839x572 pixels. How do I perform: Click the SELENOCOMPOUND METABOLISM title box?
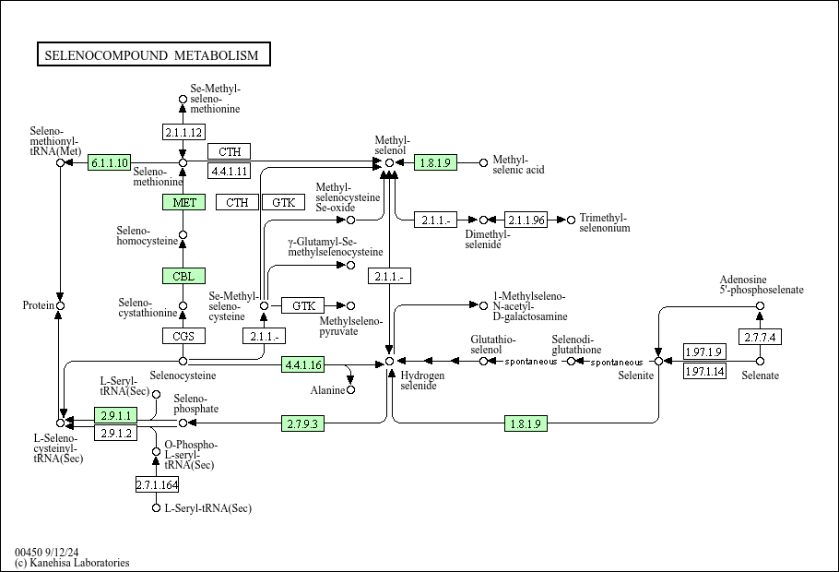(154, 54)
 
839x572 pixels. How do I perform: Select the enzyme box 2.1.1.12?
(183, 132)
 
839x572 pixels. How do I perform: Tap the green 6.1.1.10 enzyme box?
(109, 162)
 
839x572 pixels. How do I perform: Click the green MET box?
(183, 202)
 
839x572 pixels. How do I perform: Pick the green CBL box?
(183, 276)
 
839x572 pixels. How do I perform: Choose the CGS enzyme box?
(183, 336)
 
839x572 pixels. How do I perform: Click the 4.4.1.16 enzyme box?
(302, 364)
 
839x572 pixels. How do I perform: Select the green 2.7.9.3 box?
(302, 423)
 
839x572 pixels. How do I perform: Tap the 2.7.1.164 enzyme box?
(157, 484)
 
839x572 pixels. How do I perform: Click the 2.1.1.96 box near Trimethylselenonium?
(526, 220)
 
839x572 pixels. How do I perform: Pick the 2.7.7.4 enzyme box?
(760, 337)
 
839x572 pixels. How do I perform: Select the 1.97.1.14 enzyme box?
(704, 371)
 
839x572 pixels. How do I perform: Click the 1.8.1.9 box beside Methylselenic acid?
(435, 162)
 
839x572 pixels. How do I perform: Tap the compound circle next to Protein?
(61, 305)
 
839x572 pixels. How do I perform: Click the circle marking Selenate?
(760, 361)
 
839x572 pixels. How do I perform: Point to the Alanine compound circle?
(350, 390)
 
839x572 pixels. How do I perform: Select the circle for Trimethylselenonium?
(571, 220)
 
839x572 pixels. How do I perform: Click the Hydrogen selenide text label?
(422, 380)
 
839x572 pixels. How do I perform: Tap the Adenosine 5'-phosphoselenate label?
(762, 284)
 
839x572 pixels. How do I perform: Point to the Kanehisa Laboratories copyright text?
(72, 563)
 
